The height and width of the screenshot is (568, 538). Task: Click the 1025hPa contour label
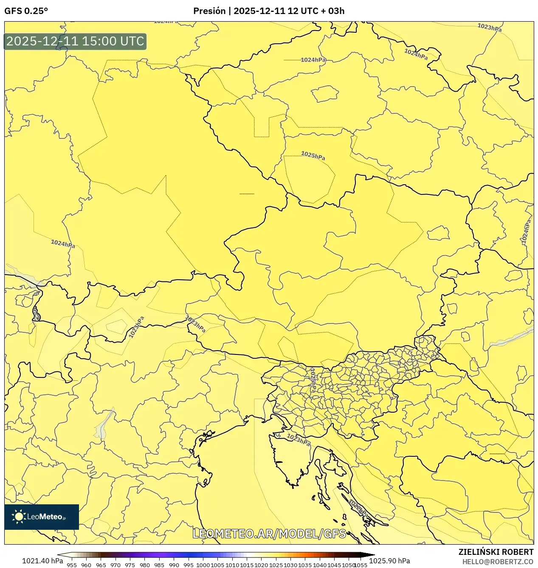point(313,155)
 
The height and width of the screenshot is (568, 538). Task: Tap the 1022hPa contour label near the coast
point(359,508)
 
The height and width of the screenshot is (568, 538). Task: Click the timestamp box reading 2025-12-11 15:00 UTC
point(75,41)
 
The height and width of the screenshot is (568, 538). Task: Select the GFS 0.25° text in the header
point(26,11)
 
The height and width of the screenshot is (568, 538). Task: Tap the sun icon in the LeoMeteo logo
point(19,517)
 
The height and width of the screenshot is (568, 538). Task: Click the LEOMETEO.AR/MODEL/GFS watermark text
point(269,534)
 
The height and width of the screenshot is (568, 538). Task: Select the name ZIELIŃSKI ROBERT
point(496,552)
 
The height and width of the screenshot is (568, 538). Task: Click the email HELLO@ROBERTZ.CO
point(498,562)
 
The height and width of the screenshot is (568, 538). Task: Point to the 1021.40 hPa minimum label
point(42,561)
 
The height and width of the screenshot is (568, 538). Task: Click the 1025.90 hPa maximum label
point(389,561)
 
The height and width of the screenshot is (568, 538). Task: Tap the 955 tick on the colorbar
point(72,565)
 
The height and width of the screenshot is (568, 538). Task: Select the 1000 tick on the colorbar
point(203,565)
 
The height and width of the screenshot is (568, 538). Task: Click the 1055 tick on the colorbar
point(361,565)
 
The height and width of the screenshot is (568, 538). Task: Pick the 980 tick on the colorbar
point(145,565)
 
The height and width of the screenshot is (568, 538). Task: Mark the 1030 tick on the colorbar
point(290,565)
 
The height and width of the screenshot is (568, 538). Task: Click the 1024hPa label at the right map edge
point(526,232)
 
